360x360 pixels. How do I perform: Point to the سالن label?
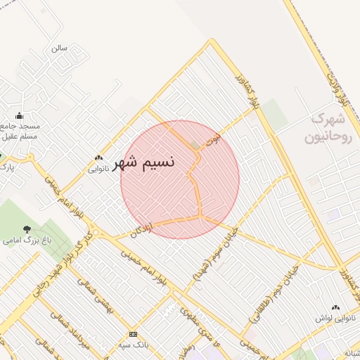click(59, 49)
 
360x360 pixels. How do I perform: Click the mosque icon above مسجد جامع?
click(19, 116)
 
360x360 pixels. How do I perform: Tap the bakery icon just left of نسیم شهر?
click(98, 158)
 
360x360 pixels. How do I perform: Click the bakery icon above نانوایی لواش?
click(335, 307)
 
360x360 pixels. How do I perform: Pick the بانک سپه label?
click(133, 344)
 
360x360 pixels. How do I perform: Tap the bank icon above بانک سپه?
click(133, 334)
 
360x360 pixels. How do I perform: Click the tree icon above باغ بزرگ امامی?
click(27, 229)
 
